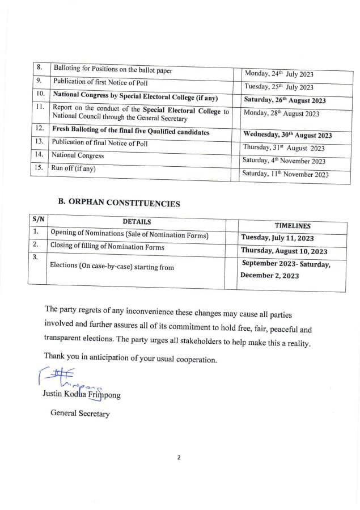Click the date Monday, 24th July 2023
(278, 74)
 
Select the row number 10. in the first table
(40, 94)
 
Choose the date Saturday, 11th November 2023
(285, 174)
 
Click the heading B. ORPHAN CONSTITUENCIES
(119, 203)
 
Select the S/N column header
(38, 219)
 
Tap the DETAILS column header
(137, 222)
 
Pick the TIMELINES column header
(293, 226)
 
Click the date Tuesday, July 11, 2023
(285, 238)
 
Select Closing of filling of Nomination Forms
(107, 247)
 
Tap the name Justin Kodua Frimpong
(81, 394)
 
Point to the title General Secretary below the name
(80, 414)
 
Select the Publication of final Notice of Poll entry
(100, 144)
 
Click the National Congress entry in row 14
(78, 155)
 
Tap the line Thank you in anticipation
(130, 360)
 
